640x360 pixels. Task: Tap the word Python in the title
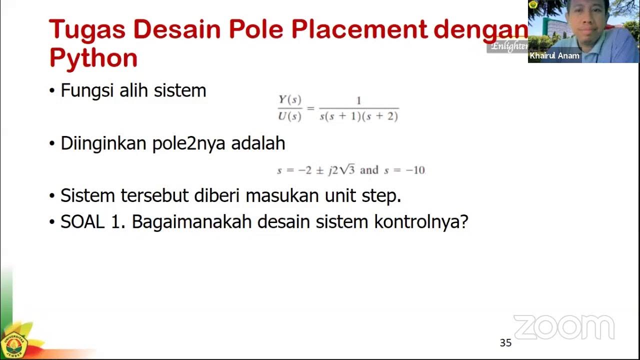point(93,58)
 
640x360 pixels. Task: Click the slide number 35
point(505,343)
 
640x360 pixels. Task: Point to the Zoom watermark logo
point(563,327)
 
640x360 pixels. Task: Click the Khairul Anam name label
point(554,56)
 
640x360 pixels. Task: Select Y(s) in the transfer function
point(290,99)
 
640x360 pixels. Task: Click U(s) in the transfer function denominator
point(290,116)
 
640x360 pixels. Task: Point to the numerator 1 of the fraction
point(358,101)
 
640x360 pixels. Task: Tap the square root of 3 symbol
point(348,169)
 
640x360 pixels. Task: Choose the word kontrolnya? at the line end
point(421,222)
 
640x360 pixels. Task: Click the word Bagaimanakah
point(191,222)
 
